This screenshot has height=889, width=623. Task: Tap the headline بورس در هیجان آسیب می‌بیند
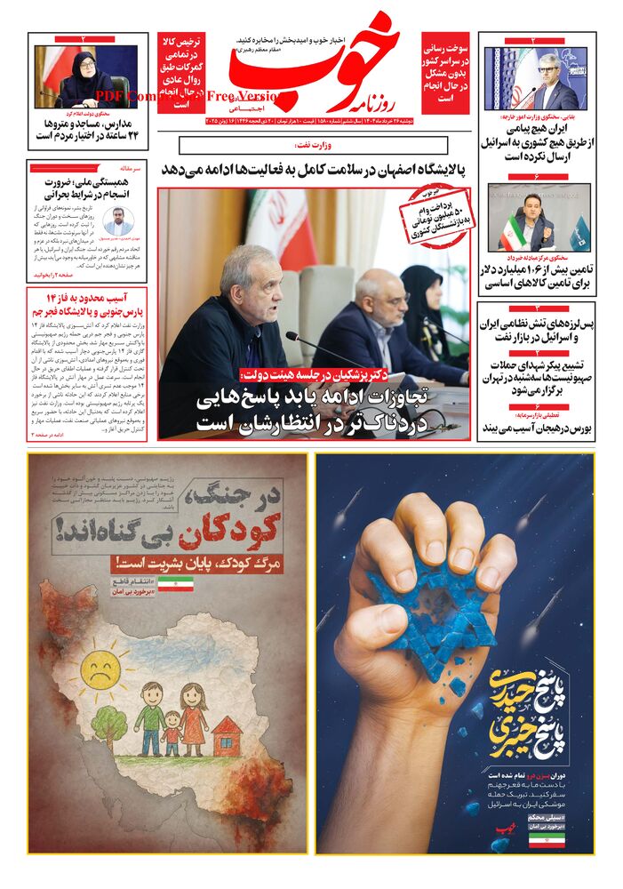pos(538,428)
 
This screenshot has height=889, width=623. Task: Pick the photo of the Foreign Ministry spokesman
pos(538,78)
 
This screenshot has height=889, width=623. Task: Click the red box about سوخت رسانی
pos(448,72)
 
